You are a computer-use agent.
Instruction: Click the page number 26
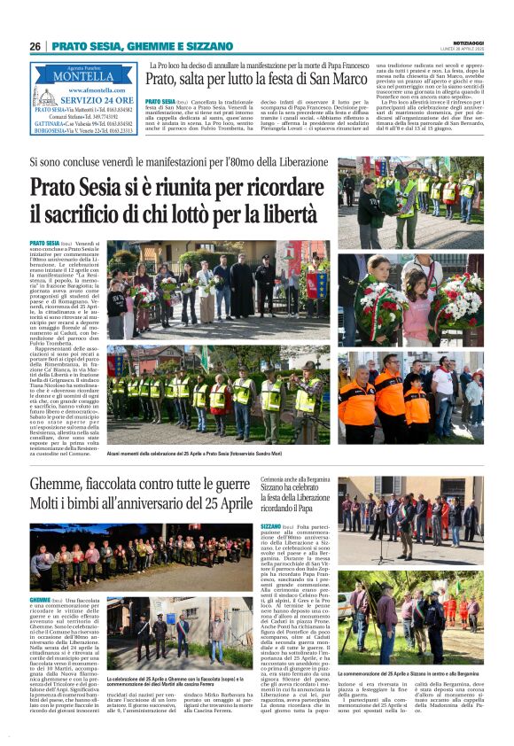35,46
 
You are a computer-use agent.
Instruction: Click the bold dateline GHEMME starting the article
40,575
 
